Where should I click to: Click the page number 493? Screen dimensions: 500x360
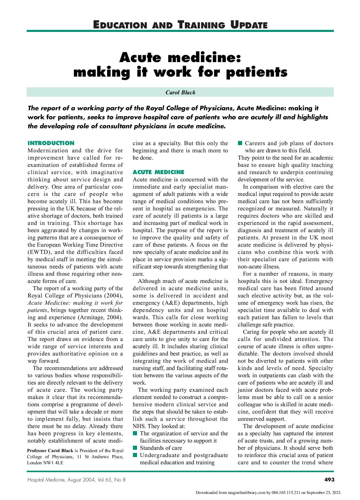pos(329,480)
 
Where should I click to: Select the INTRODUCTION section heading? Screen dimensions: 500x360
pos(51,143)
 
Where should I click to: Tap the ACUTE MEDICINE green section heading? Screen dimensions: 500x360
pos(158,172)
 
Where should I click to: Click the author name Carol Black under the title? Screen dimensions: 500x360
pos(180,92)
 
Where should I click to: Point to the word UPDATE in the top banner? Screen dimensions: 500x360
pos(249,25)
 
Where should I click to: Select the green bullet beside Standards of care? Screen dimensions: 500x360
pos(135,448)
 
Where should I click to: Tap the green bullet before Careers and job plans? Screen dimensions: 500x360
pos(240,143)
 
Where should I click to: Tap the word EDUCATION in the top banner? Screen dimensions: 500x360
pos(120,25)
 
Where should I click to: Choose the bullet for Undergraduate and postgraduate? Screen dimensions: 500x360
pos(135,455)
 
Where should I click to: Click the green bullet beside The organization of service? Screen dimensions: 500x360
pos(135,433)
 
